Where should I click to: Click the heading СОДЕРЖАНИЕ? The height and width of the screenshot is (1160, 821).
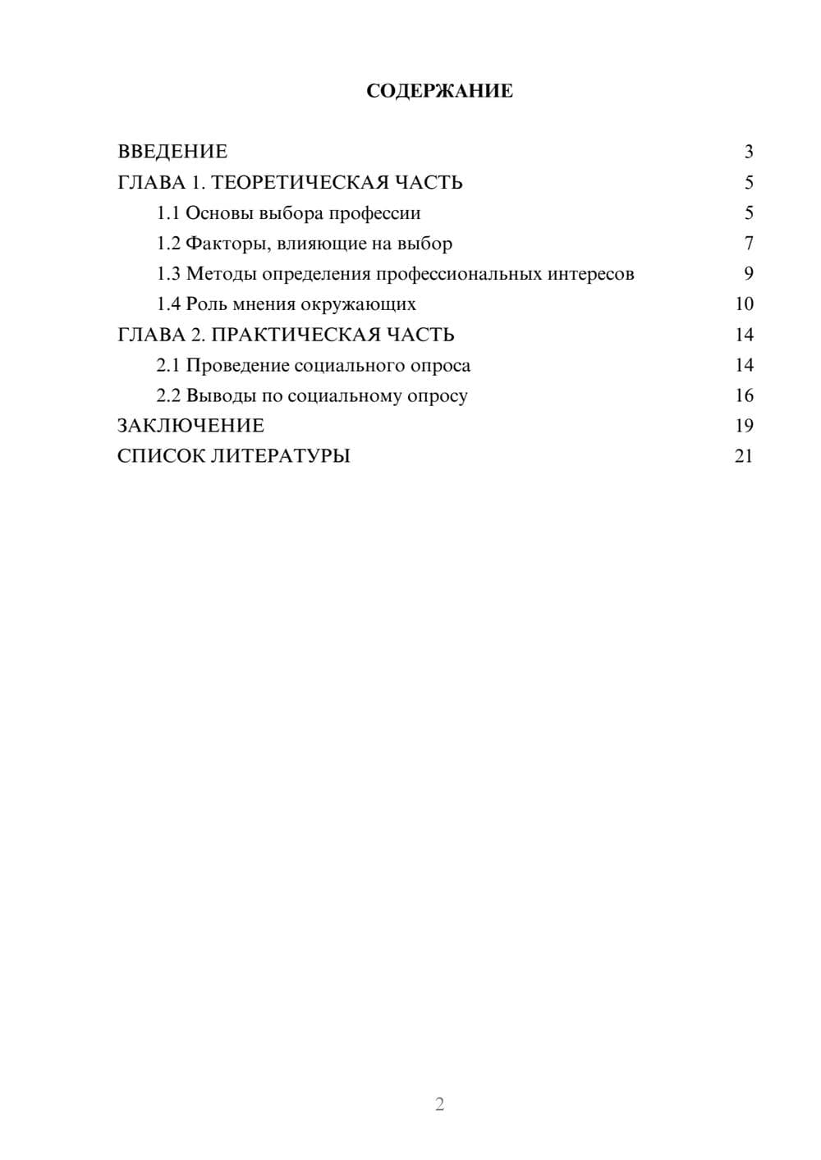[439, 91]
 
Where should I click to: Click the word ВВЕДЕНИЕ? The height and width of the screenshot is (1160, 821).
[172, 152]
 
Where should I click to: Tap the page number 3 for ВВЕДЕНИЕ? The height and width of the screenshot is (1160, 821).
[748, 152]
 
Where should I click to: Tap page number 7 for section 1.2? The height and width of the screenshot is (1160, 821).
[748, 244]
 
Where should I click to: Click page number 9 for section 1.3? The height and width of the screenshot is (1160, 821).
[748, 274]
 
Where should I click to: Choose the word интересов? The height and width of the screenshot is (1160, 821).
[590, 274]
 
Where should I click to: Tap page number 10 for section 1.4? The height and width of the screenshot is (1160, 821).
[744, 304]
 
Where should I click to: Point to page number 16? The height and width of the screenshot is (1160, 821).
[744, 395]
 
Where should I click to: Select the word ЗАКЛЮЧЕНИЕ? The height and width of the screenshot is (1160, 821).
[190, 426]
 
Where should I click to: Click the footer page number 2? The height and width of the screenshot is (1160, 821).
[439, 1104]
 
